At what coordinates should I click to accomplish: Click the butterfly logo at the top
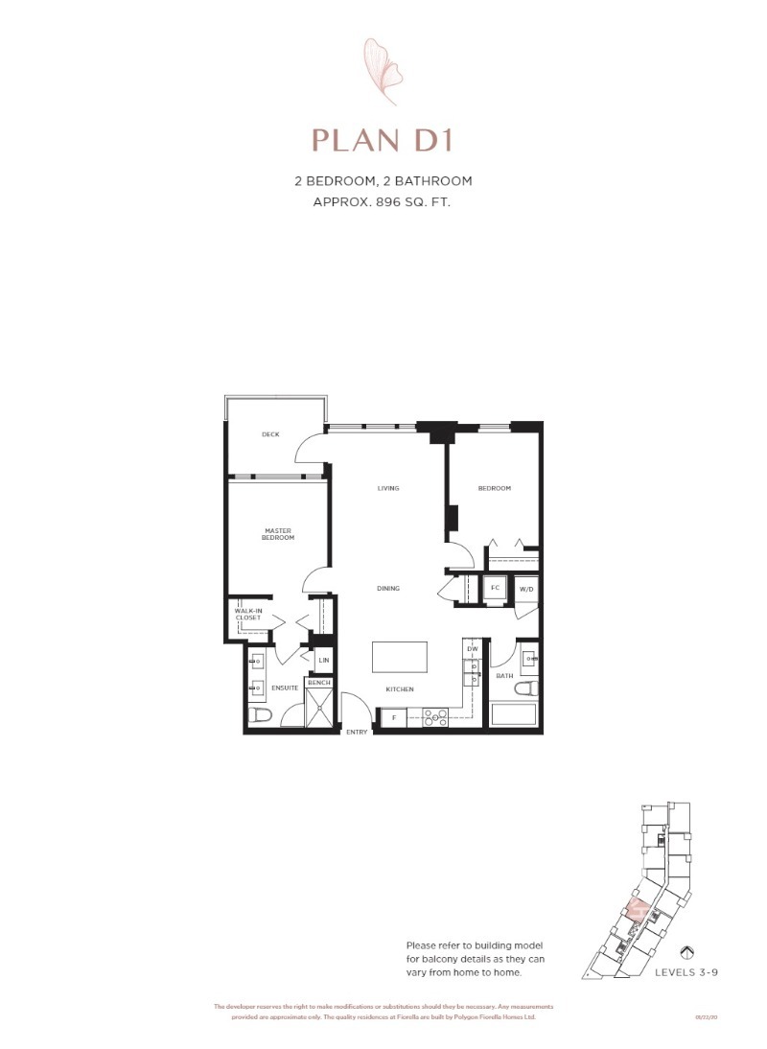[x=383, y=71]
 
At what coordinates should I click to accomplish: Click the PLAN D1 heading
[x=382, y=140]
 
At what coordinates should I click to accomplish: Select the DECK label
[x=270, y=434]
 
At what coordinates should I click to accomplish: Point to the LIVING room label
[x=387, y=488]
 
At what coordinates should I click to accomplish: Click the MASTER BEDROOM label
[x=278, y=534]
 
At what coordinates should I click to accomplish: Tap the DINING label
[x=387, y=588]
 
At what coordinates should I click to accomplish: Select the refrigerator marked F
[x=392, y=716]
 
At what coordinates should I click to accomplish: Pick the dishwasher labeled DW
[x=472, y=649]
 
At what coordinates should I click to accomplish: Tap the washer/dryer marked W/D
[x=526, y=589]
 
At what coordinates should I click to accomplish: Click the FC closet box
[x=495, y=588]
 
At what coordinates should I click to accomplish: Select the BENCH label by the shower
[x=318, y=683]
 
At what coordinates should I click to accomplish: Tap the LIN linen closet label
[x=324, y=661]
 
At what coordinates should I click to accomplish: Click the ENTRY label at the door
[x=357, y=733]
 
